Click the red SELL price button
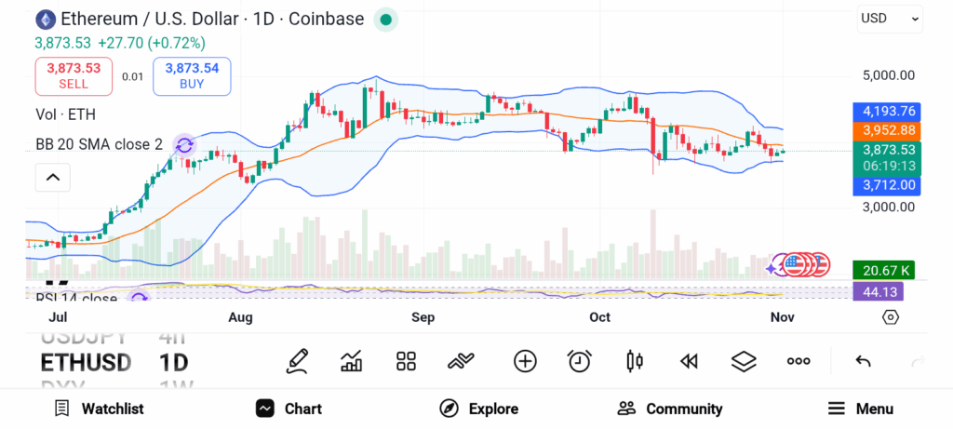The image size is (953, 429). pos(74,75)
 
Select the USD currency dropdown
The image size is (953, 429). pos(890,18)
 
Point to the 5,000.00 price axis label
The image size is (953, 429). pos(889,75)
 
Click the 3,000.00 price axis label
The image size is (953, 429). pos(889,207)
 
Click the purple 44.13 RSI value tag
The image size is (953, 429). pos(878,291)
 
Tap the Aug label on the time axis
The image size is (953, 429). pos(240,317)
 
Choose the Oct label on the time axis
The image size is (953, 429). pos(599,317)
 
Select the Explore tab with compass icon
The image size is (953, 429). pos(478,409)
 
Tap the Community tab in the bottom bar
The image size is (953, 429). pos(669,409)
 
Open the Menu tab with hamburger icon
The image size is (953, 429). pos(860,409)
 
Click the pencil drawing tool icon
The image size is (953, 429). pos(297,361)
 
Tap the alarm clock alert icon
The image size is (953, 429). pos(580,361)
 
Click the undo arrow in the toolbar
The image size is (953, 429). pos(863,361)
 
